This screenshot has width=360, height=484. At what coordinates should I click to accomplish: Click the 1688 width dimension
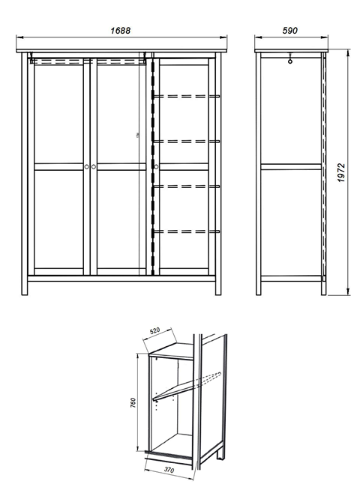(x=121, y=31)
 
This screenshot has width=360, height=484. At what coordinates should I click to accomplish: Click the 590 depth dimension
(x=289, y=31)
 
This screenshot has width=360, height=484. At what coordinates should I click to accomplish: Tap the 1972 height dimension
(x=341, y=172)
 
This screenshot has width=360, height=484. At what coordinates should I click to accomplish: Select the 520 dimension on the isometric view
(x=154, y=330)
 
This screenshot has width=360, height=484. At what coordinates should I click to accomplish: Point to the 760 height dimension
(x=133, y=403)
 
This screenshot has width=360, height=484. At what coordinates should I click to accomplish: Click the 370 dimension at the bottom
(x=169, y=470)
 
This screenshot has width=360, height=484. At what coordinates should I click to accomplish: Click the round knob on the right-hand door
(x=156, y=166)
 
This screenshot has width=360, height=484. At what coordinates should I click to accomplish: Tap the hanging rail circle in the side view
(x=289, y=61)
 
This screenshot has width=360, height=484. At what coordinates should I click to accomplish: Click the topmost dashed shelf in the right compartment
(x=186, y=97)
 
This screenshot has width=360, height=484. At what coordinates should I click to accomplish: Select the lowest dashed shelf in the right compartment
(x=186, y=232)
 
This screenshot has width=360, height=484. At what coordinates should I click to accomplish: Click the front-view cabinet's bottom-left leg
(x=25, y=288)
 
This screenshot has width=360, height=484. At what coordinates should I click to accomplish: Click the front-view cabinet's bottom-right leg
(x=218, y=288)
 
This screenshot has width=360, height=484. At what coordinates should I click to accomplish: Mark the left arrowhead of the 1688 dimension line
(x=19, y=37)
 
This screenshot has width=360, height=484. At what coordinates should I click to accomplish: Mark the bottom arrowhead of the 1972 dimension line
(x=348, y=291)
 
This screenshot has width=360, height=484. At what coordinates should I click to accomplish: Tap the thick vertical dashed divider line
(x=152, y=166)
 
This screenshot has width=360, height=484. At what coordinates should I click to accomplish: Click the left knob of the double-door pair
(x=86, y=166)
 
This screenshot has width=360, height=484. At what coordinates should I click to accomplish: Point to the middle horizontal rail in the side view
(x=291, y=166)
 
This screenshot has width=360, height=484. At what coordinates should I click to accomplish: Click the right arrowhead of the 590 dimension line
(x=325, y=37)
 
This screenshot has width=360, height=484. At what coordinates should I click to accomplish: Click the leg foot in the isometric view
(x=220, y=454)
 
